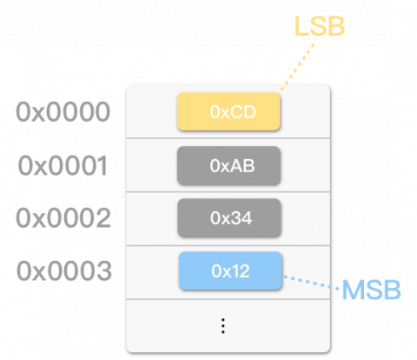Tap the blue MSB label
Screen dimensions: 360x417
pyautogui.click(x=371, y=290)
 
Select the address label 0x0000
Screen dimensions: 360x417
pyautogui.click(x=63, y=112)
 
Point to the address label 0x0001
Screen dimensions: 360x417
pyautogui.click(x=63, y=165)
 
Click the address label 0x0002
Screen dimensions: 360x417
pyautogui.click(x=63, y=217)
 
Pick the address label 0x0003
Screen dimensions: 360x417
pyautogui.click(x=63, y=270)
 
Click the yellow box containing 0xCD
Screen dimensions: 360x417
pyautogui.click(x=228, y=112)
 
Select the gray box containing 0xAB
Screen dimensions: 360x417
pyautogui.click(x=228, y=164)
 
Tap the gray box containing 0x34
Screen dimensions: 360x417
pyautogui.click(x=229, y=217)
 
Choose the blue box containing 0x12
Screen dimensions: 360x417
pyautogui.click(x=230, y=270)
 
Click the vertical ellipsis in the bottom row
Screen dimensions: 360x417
pyautogui.click(x=223, y=325)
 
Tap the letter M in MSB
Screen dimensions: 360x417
pyautogui.click(x=354, y=290)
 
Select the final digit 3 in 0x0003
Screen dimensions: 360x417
pyautogui.click(x=103, y=270)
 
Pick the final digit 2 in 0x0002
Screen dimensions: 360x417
pyautogui.click(x=103, y=217)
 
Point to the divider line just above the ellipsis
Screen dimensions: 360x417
pyautogui.click(x=228, y=299)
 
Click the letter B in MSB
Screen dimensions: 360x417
pyautogui.click(x=390, y=290)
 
